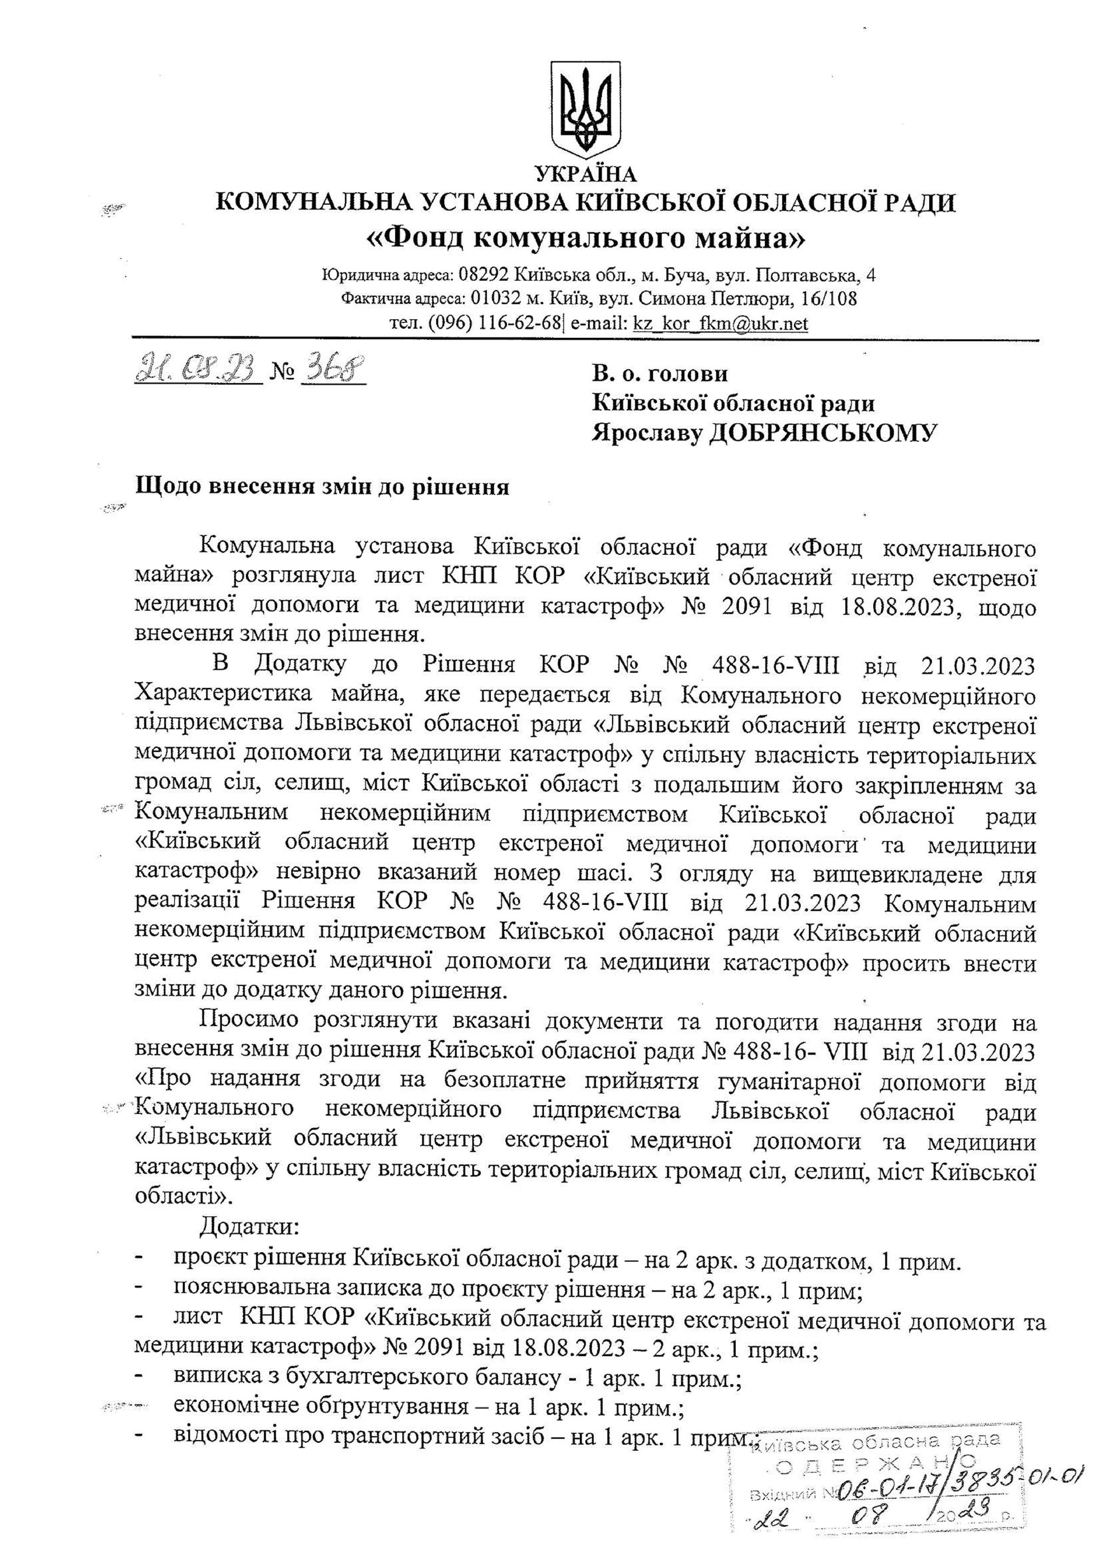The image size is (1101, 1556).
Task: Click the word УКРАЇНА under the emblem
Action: coord(586,174)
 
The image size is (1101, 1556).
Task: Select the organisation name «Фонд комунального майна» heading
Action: coord(586,239)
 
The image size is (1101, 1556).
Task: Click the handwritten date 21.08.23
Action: coord(197,370)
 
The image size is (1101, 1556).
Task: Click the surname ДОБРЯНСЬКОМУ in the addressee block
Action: coord(822,433)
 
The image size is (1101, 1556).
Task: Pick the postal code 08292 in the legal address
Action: coord(484,275)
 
